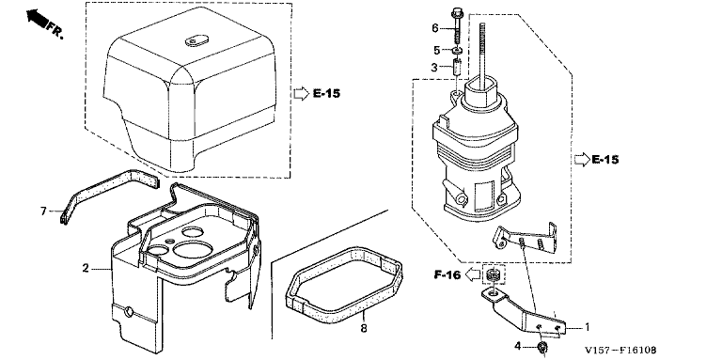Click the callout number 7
pyautogui.click(x=43, y=211)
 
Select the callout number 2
pyautogui.click(x=86, y=268)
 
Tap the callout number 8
pyautogui.click(x=364, y=329)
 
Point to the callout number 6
pyautogui.click(x=435, y=28)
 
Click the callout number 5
pyautogui.click(x=435, y=50)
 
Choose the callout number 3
pyautogui.click(x=434, y=68)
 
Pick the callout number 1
pyautogui.click(x=587, y=328)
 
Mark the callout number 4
pyautogui.click(x=518, y=345)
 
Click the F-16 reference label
pyautogui.click(x=447, y=275)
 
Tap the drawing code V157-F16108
pyautogui.click(x=620, y=350)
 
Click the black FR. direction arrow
pyautogui.click(x=37, y=18)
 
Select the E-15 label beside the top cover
pyautogui.click(x=326, y=93)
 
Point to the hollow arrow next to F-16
pyautogui.click(x=472, y=275)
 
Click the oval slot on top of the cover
pyautogui.click(x=196, y=40)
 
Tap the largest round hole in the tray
pyautogui.click(x=193, y=249)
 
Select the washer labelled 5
pyautogui.click(x=458, y=50)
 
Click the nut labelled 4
pyautogui.click(x=543, y=347)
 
